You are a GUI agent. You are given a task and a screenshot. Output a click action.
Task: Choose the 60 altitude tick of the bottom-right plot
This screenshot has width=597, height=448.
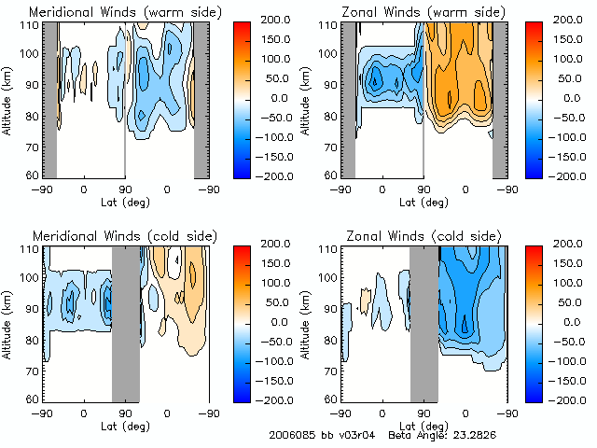(330, 399)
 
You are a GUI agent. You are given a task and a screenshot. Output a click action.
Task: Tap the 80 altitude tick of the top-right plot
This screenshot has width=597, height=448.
(330, 115)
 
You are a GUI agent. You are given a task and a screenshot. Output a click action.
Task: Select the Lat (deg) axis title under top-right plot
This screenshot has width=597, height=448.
(423, 201)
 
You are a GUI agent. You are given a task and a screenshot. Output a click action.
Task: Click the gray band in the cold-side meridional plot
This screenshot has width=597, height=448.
(125, 322)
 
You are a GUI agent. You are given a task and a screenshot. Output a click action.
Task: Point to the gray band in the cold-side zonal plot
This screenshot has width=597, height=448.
(423, 322)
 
